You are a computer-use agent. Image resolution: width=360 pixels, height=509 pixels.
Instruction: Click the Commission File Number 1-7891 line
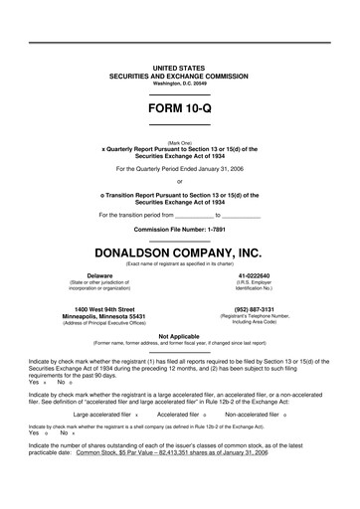180,228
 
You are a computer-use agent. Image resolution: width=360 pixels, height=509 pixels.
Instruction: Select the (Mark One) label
180,142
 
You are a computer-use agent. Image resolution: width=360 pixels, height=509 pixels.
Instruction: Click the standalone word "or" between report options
180,181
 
